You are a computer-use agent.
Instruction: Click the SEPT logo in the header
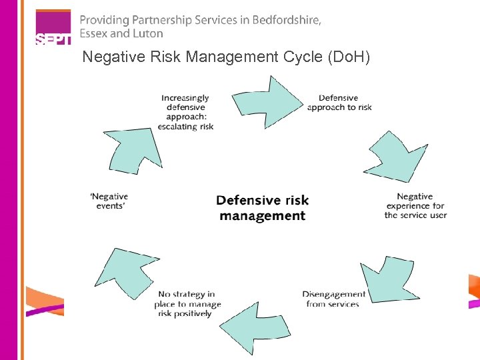pos(52,29)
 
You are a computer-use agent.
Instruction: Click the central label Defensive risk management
pos(263,207)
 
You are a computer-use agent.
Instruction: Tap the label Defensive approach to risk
pos(339,103)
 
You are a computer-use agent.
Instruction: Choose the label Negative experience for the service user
pos(415,205)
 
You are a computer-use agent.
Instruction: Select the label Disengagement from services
pos(333,299)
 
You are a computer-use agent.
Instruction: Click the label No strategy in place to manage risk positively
pos(189,303)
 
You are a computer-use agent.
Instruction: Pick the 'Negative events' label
pos(109,201)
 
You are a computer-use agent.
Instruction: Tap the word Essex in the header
pos(93,33)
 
